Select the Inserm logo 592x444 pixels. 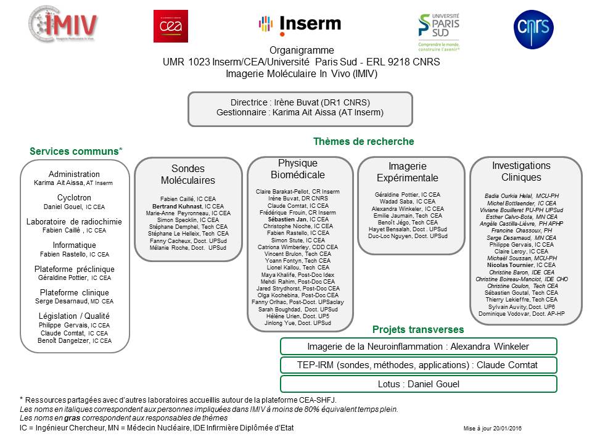pyautogui.click(x=299, y=24)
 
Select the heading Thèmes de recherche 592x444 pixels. pyautogui.click(x=364, y=142)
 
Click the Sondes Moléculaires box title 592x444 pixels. pyautogui.click(x=188, y=175)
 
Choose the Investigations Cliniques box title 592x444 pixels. pyautogui.click(x=521, y=172)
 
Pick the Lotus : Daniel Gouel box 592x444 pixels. pyautogui.click(x=418, y=384)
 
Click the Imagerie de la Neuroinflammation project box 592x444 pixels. pyautogui.click(x=418, y=346)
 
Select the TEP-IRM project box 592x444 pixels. pyautogui.click(x=418, y=365)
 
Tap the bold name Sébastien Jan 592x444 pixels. pyautogui.click(x=293, y=219)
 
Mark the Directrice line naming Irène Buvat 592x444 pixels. pyautogui.click(x=300, y=102)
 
